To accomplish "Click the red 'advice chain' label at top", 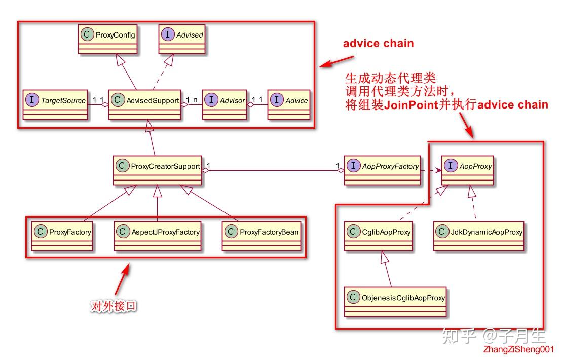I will pos(378,43).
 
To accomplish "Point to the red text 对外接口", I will pos(114,306).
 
